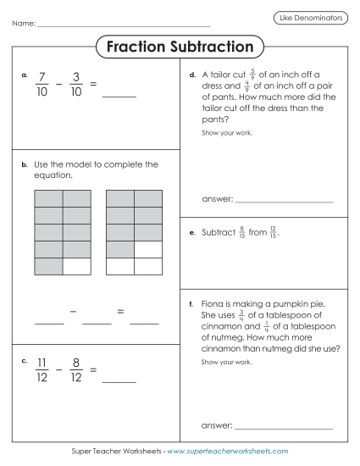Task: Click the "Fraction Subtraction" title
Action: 180,47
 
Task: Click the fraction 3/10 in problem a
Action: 76,84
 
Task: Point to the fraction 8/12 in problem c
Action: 76,369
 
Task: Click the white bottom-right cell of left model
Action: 77,266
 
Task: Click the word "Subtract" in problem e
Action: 219,231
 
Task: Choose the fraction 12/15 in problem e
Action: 273,231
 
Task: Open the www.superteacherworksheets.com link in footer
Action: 228,452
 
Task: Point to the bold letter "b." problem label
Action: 25,166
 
